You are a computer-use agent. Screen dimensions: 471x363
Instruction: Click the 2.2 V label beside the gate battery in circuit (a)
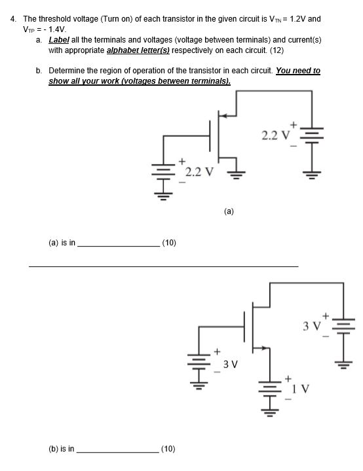198,173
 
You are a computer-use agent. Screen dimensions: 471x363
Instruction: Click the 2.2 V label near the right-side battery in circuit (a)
275,136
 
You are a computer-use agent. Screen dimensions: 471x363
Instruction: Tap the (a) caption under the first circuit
228,211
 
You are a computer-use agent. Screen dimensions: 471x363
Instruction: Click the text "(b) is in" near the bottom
62,449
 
